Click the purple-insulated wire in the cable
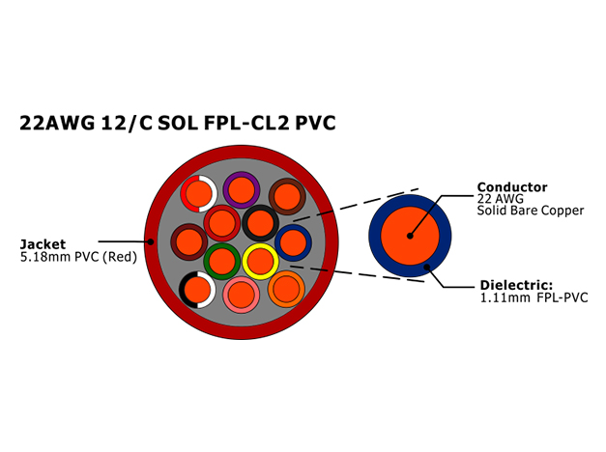coord(242,190)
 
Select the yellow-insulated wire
coord(261,262)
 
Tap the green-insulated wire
coord(222,262)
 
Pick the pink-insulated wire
coord(242,296)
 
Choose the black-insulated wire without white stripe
coord(261,223)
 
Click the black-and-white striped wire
coord(197,290)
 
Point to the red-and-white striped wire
coord(199,193)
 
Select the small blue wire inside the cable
coord(294,242)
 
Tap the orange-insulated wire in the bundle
coord(286,289)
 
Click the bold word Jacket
coord(43,244)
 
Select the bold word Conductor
coord(512,187)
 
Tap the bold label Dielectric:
coord(516,285)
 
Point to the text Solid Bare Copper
coord(531,211)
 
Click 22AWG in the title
coord(57,123)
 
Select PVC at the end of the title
coord(315,123)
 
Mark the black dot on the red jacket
coord(151,241)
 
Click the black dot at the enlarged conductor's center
coord(410,236)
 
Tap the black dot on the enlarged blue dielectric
coord(427,267)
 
